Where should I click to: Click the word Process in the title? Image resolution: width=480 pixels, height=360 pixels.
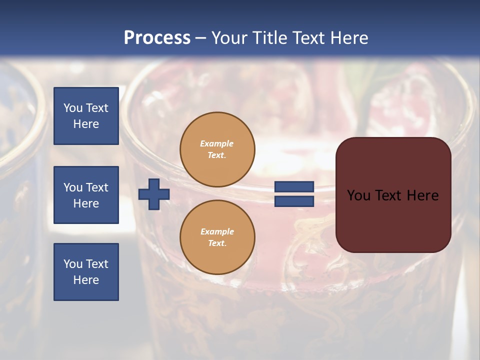[157, 38]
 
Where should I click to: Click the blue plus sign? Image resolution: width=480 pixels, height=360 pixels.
[154, 194]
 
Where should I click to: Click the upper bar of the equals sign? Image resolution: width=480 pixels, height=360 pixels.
[294, 187]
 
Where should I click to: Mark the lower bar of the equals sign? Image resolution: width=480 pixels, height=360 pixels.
[294, 201]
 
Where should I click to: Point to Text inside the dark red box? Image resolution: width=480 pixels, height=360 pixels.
[393, 195]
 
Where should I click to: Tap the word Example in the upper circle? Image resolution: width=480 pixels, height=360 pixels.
[217, 143]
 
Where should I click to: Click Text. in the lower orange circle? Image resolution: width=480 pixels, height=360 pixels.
[217, 243]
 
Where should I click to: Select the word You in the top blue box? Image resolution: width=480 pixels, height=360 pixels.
[73, 108]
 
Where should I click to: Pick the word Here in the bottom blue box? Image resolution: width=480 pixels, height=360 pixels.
[86, 280]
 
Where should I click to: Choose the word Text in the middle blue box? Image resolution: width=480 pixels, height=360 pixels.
[97, 187]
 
